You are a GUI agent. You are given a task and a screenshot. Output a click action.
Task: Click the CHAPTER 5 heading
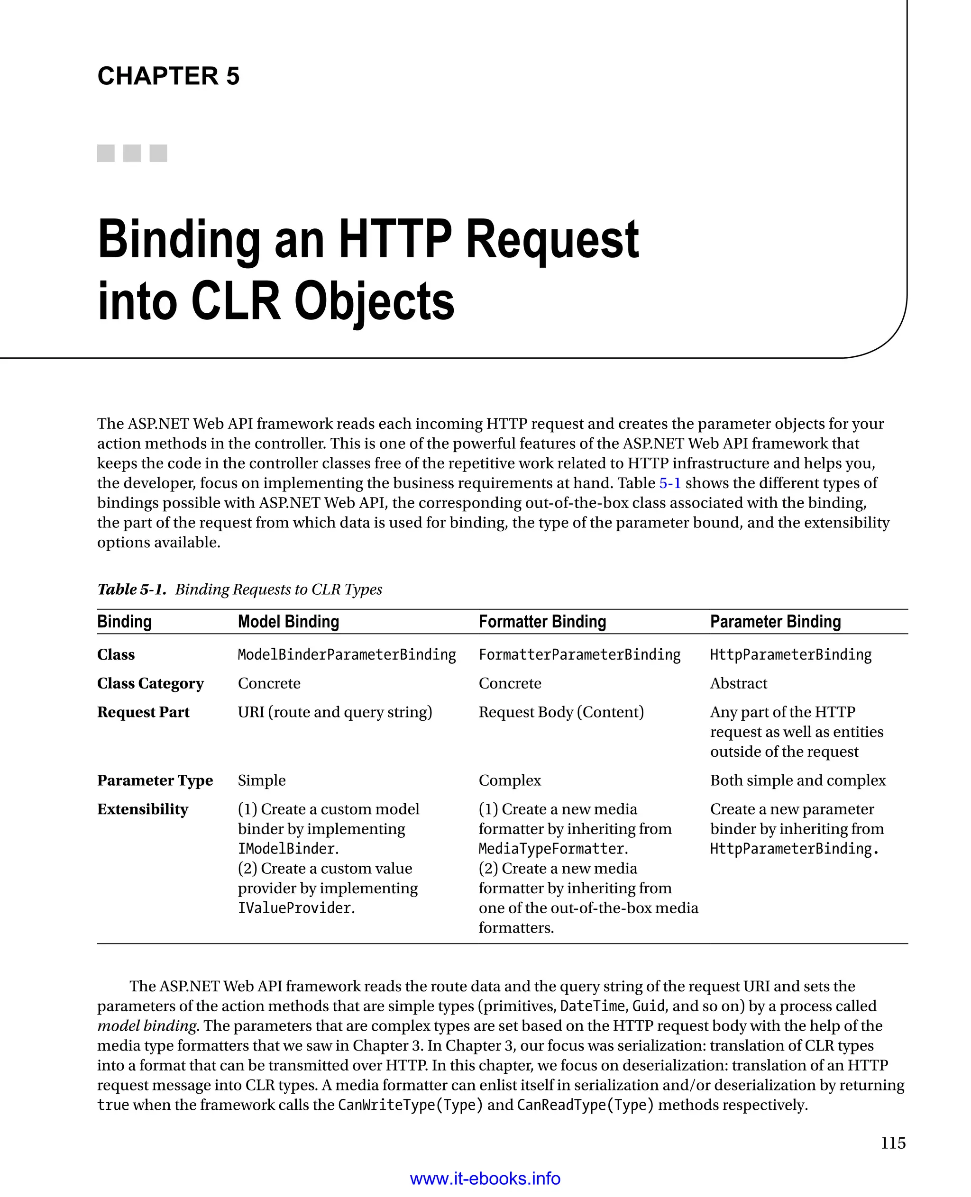(x=168, y=76)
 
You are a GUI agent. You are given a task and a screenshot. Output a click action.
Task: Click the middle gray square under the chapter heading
(x=132, y=153)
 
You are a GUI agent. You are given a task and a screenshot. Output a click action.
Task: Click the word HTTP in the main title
(x=395, y=240)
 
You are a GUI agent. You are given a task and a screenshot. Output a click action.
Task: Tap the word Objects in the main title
(x=374, y=302)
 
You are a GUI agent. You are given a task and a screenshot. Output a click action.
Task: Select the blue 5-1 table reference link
(x=669, y=483)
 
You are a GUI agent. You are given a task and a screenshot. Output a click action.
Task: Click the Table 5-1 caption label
(x=131, y=589)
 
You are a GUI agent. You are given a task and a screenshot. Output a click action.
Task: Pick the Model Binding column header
(x=288, y=622)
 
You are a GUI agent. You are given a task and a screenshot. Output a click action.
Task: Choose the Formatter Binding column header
(x=542, y=622)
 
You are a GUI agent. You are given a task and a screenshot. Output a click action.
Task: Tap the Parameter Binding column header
(x=775, y=622)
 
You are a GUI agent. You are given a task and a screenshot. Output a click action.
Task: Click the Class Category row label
(x=150, y=683)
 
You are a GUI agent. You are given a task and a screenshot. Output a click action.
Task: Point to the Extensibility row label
(x=143, y=809)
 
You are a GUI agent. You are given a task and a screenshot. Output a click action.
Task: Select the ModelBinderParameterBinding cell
(x=347, y=655)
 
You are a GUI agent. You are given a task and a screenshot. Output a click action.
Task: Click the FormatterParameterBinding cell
(x=579, y=655)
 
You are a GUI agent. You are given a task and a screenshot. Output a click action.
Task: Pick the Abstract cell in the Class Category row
(x=738, y=683)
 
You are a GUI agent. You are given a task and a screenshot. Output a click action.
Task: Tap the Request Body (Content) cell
(x=561, y=712)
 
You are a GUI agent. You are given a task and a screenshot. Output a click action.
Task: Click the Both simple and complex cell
(x=797, y=780)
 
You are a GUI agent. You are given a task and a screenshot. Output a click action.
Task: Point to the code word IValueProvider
(x=295, y=908)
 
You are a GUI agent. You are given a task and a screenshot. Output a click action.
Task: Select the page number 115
(x=893, y=1143)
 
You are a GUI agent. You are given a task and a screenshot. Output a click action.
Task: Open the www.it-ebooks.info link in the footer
(x=485, y=1179)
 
